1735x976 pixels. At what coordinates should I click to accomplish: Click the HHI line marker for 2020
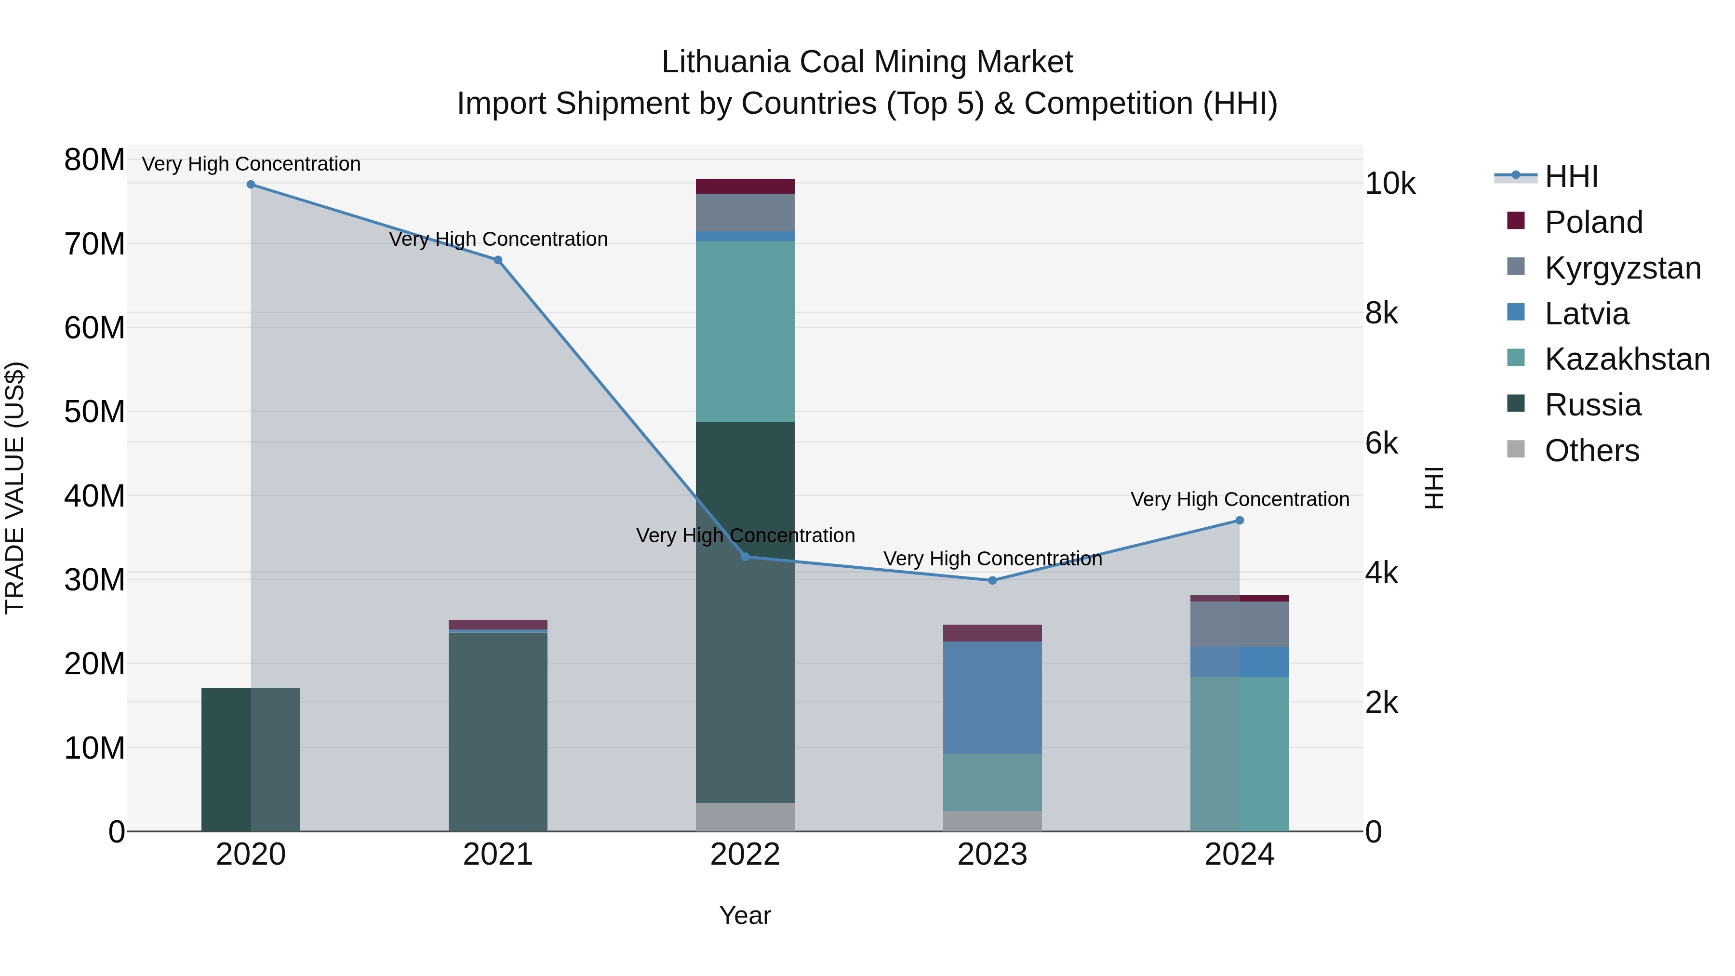[251, 185]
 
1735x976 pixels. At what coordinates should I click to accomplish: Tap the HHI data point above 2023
[992, 581]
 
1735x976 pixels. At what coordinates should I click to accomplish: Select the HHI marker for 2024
[1239, 521]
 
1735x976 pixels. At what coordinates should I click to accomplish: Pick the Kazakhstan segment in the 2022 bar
[745, 332]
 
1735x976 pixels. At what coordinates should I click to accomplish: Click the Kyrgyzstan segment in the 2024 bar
[1239, 624]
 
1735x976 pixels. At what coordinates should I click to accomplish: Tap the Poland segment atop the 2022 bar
[745, 187]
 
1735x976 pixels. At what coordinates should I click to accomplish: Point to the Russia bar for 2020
[251, 759]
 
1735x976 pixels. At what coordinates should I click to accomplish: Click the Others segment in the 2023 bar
[992, 821]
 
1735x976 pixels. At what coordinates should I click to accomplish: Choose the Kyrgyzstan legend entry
[1622, 268]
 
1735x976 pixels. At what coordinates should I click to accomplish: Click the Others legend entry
[1591, 451]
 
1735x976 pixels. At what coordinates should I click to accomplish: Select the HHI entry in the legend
[1571, 176]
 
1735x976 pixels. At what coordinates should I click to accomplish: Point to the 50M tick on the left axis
[94, 412]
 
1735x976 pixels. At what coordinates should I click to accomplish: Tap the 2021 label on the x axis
[498, 855]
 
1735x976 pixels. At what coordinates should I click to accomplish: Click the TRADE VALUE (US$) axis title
[15, 488]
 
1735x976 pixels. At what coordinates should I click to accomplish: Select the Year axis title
[745, 915]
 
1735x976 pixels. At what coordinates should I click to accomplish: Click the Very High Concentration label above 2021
[498, 239]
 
